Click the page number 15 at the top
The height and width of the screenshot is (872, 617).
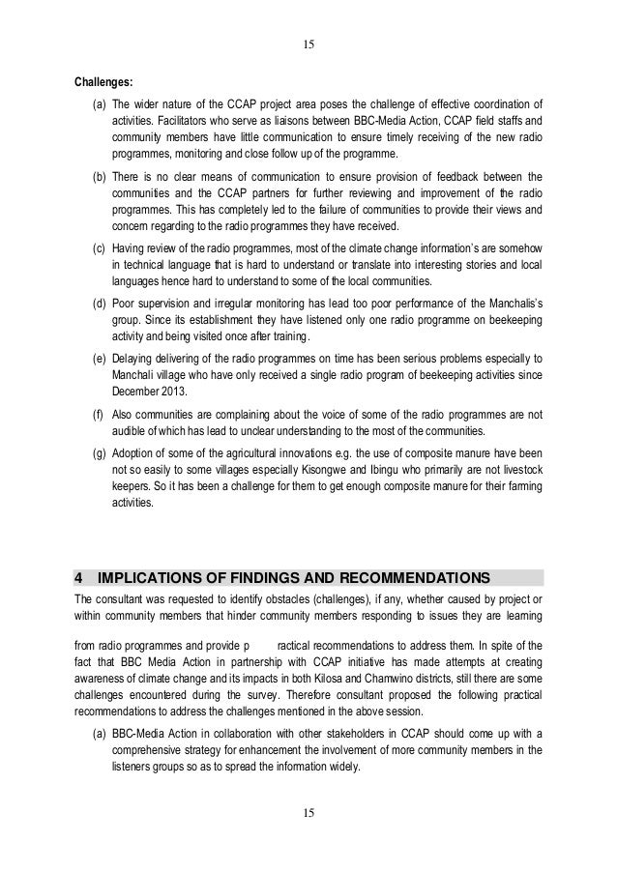(308, 44)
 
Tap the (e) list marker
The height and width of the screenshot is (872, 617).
(100, 360)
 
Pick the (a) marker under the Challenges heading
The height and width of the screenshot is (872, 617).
(100, 104)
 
